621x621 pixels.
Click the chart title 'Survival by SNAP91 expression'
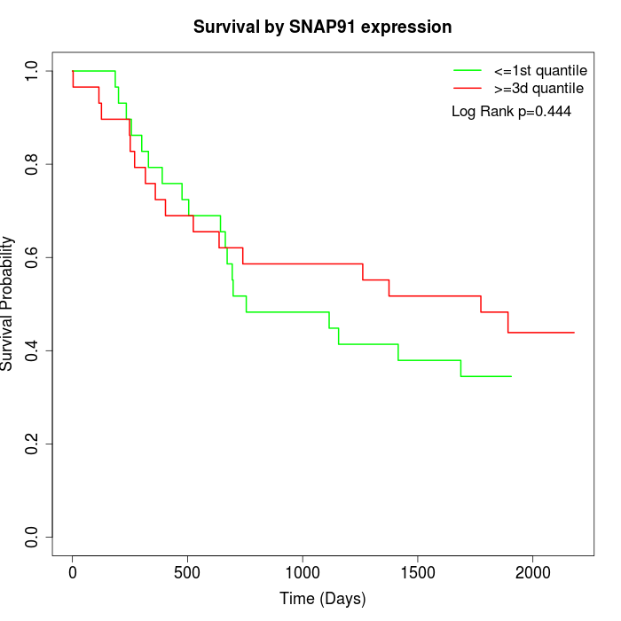[322, 28]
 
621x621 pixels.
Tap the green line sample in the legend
[468, 70]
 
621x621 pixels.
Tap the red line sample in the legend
[468, 89]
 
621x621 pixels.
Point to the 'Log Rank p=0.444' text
[511, 112]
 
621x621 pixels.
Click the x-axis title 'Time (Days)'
[322, 600]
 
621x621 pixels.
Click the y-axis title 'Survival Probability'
[8, 303]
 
